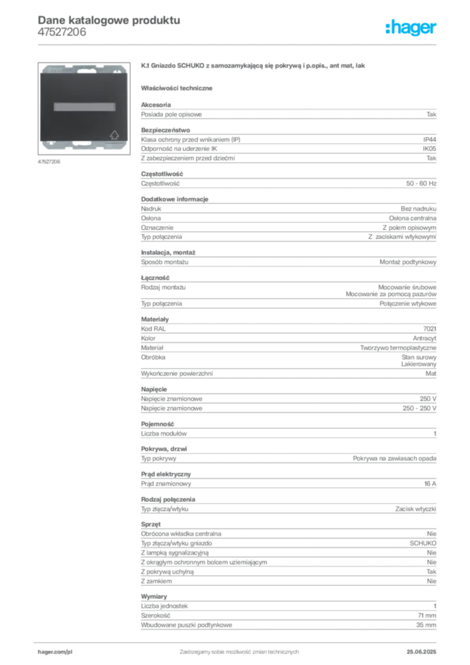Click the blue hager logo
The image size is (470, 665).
412,28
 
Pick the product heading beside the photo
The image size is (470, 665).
254,67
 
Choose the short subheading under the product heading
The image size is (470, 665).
179,87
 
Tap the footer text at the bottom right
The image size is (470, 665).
422,648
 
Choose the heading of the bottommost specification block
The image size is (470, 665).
156,595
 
